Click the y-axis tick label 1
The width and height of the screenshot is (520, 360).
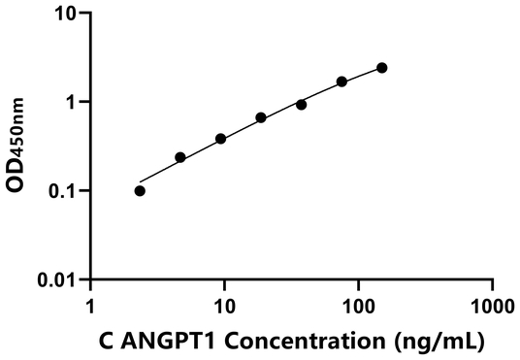[x=74, y=102]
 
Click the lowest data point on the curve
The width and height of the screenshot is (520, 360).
[x=140, y=190]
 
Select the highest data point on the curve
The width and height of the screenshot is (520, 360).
[x=381, y=68]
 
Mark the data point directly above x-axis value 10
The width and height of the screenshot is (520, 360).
[x=220, y=139]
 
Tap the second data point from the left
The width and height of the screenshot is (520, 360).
[x=180, y=157]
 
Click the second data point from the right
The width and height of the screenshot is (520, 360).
[x=341, y=82]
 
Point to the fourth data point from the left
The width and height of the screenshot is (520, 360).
[x=261, y=117]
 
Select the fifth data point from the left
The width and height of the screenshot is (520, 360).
[x=301, y=104]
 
